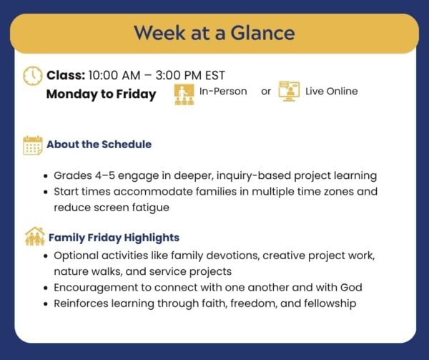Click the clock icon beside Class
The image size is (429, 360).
tap(33, 76)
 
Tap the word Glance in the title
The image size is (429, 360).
tap(262, 33)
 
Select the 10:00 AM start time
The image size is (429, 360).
tap(114, 75)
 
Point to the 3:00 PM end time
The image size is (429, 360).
tap(179, 75)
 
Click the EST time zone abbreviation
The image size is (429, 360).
tap(215, 75)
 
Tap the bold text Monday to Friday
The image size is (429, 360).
tap(102, 94)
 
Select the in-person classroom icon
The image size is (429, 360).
tap(184, 94)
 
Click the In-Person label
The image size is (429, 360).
tap(223, 91)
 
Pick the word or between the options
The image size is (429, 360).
tap(266, 92)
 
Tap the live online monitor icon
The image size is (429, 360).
tap(289, 91)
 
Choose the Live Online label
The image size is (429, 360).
tap(332, 91)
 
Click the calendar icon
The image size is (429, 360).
tap(33, 145)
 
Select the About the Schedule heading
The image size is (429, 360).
tap(99, 145)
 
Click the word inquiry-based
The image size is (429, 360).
tap(253, 176)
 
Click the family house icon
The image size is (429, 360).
tap(35, 236)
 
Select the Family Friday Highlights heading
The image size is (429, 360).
tap(114, 238)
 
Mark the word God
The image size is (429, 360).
tap(351, 288)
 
